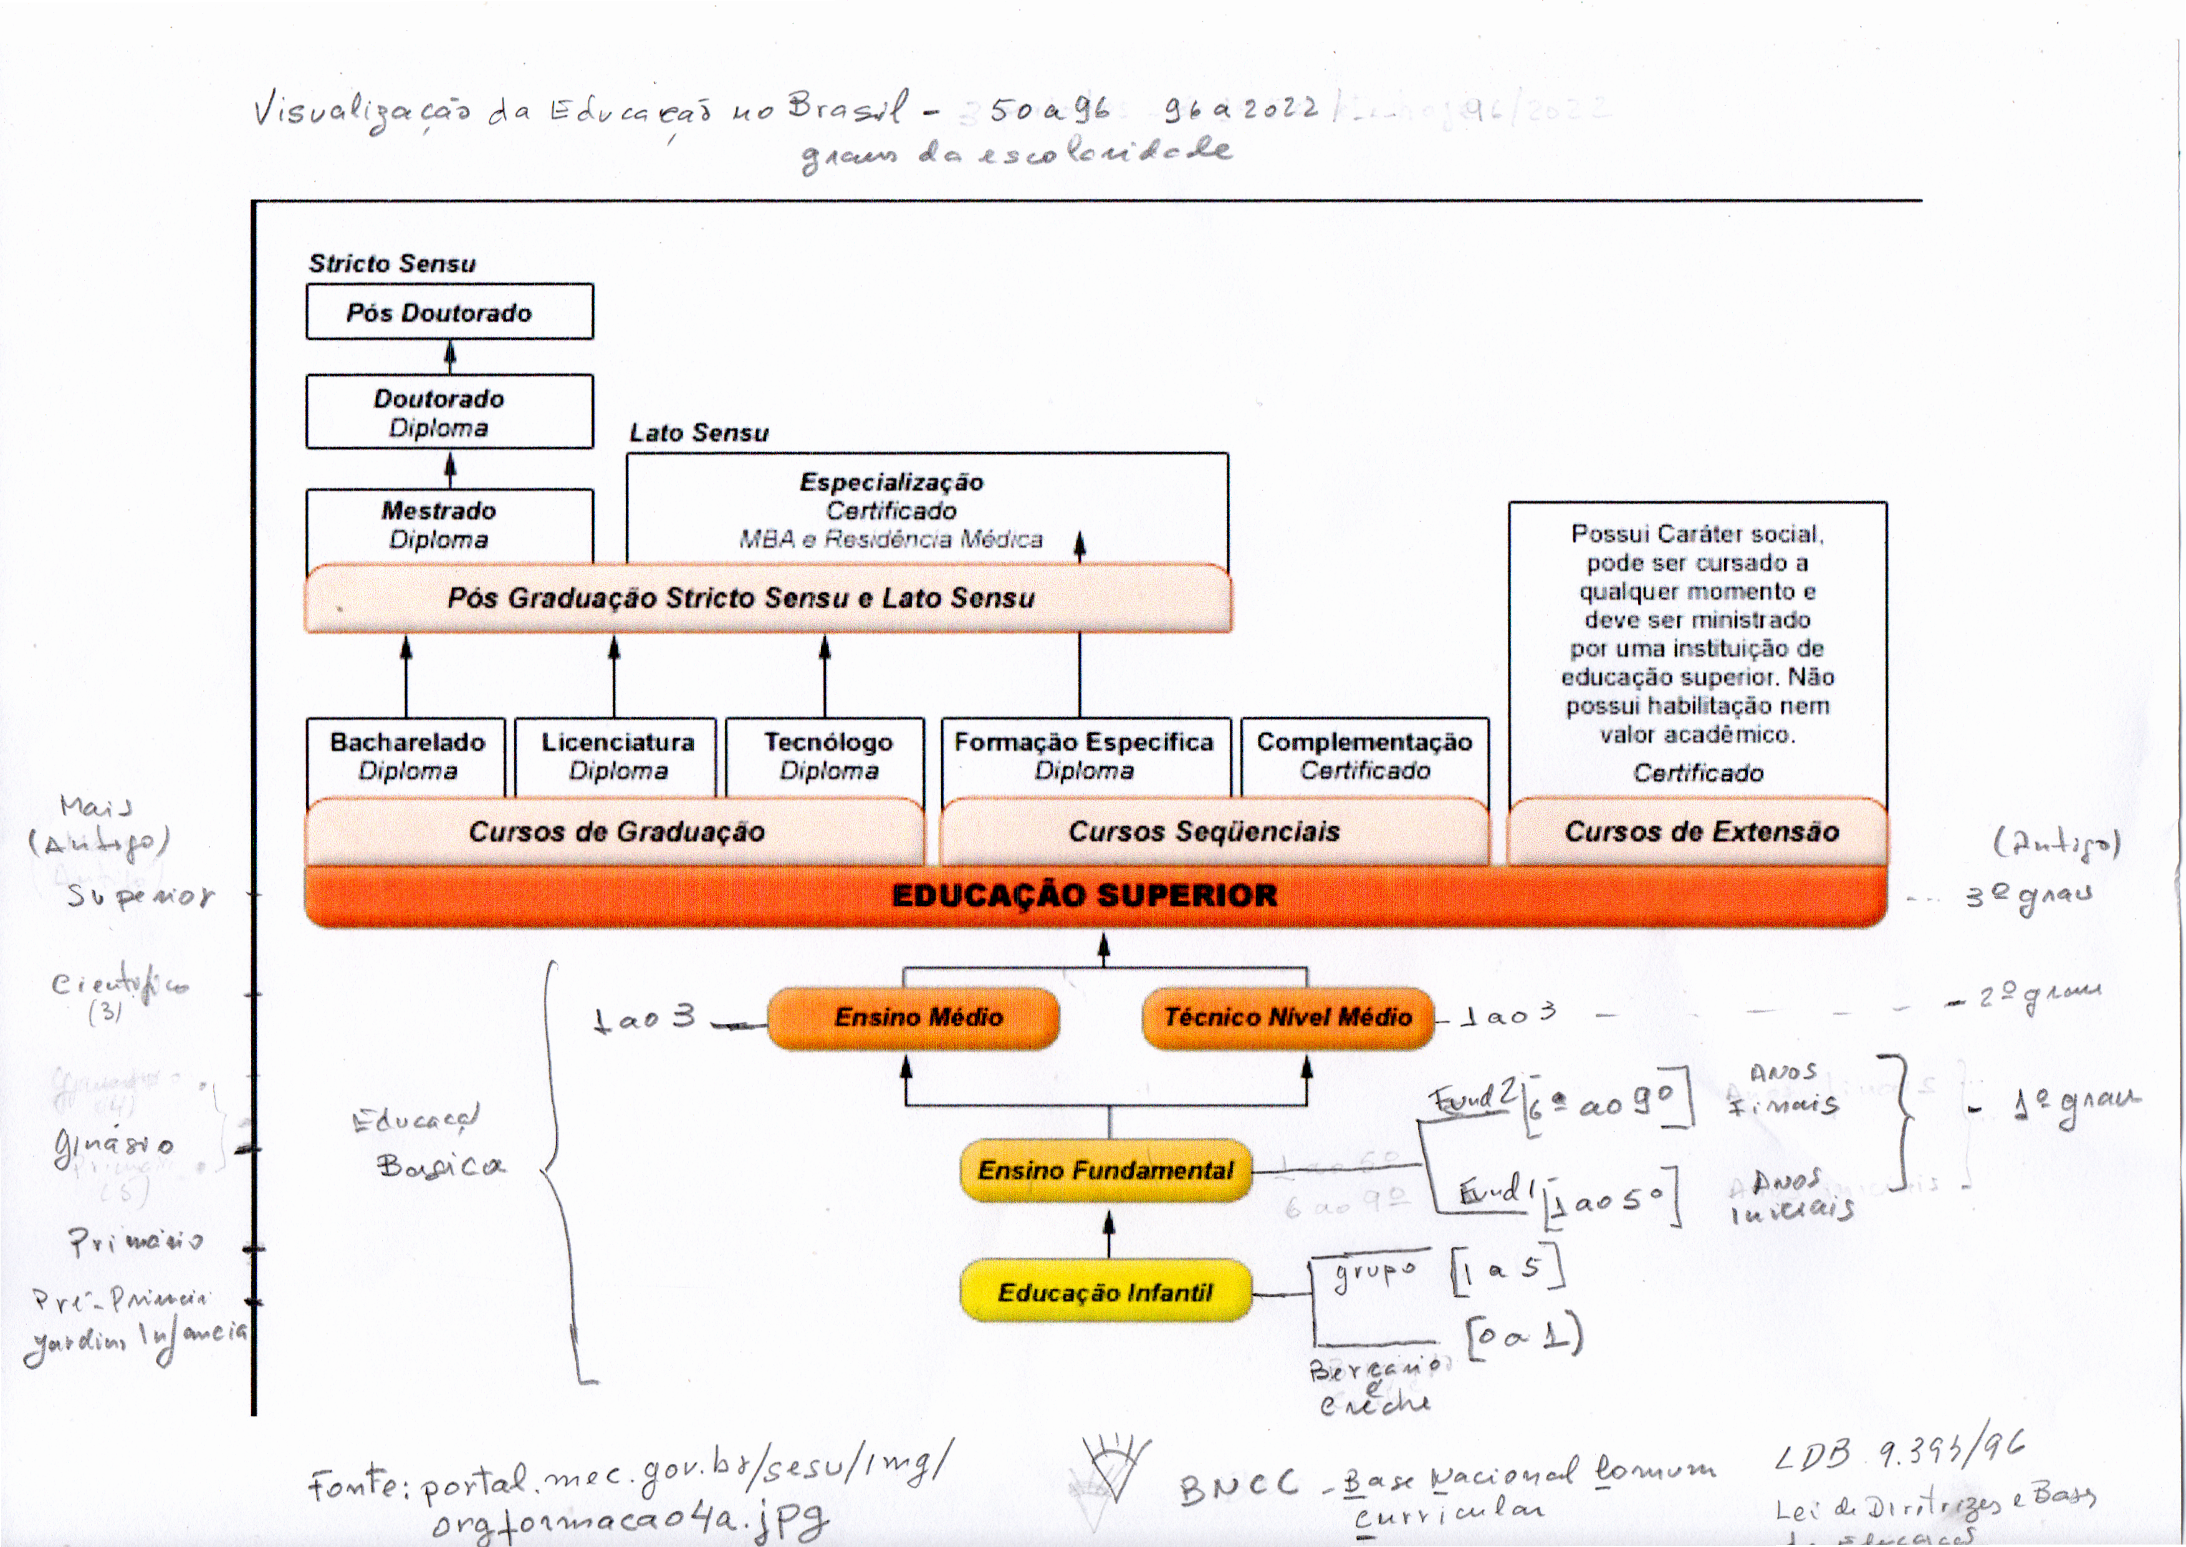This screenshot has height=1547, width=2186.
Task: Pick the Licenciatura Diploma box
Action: click(x=617, y=756)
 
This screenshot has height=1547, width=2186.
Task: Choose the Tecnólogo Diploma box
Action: click(x=827, y=756)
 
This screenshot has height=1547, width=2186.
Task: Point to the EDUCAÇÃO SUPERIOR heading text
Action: click(x=1085, y=895)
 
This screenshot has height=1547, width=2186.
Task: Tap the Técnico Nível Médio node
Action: click(x=1287, y=1018)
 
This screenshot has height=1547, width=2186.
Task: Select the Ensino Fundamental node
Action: click(x=1105, y=1170)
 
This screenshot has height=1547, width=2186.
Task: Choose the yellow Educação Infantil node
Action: click(x=1105, y=1292)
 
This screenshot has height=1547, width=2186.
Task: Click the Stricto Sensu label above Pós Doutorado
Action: click(x=392, y=264)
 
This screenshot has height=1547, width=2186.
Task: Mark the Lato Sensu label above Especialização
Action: click(x=699, y=433)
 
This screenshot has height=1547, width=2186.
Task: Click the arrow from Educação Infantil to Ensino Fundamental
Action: click(x=1108, y=1233)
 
